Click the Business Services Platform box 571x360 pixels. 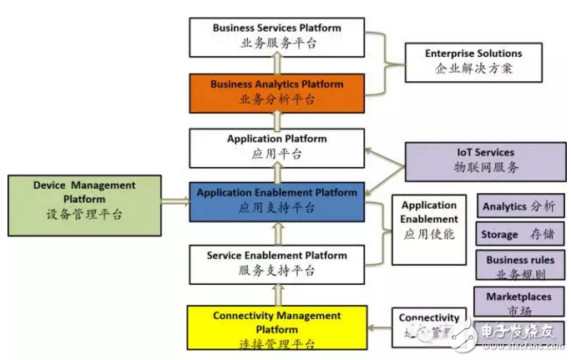276,35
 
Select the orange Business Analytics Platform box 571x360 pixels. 276,92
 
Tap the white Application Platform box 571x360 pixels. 276,146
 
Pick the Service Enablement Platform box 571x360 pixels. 276,262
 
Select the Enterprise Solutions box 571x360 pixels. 472,61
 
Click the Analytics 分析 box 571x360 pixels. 517,205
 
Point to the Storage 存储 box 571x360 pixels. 517,235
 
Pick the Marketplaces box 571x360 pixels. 518,302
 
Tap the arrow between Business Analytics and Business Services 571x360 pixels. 276,64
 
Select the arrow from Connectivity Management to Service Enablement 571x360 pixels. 276,293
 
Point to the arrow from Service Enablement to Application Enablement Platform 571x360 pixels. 276,231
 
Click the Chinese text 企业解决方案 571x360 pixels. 472,68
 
